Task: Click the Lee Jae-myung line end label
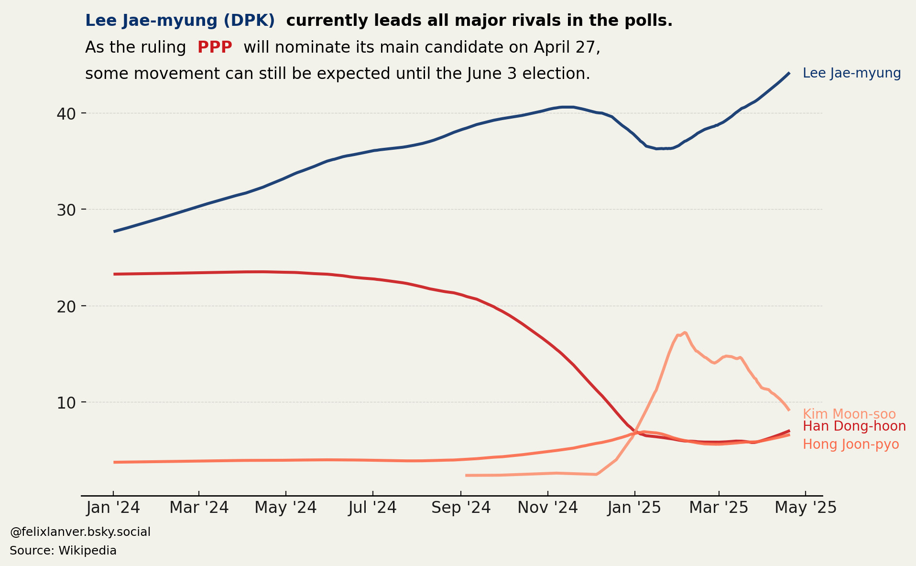(x=851, y=73)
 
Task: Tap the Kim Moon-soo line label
(x=849, y=414)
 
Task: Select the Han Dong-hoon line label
(x=854, y=426)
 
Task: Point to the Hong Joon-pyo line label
(x=851, y=444)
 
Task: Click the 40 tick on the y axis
(x=66, y=114)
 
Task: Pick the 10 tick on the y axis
(x=66, y=403)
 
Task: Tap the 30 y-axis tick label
(x=66, y=210)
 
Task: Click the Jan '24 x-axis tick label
(x=113, y=508)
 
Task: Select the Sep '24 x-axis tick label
(x=461, y=508)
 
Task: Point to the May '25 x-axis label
(x=806, y=508)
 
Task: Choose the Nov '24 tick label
(x=547, y=508)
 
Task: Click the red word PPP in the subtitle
(x=215, y=47)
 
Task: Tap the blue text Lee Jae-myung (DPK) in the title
(x=180, y=21)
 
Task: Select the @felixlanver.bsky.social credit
(x=80, y=532)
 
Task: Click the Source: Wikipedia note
(x=63, y=551)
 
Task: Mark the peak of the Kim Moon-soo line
(x=685, y=332)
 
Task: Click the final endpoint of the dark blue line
(x=789, y=73)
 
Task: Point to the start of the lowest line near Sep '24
(x=466, y=475)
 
